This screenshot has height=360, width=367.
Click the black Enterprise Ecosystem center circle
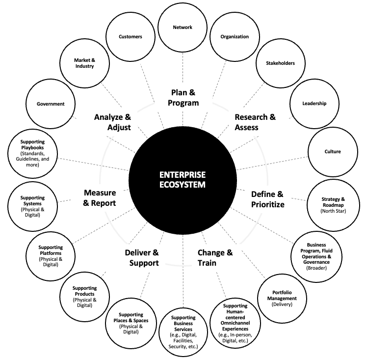click(182, 180)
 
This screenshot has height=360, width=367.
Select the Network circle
click(183, 28)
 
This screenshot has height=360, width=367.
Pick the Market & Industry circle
click(84, 63)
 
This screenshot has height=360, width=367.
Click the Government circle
click(51, 104)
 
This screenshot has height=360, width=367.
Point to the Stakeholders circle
click(280, 63)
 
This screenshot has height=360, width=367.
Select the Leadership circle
click(315, 104)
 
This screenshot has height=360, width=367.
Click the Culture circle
click(333, 152)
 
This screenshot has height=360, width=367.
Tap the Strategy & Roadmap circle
click(333, 201)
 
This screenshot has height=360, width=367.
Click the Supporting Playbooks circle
click(33, 153)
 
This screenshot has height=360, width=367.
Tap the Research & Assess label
click(255, 122)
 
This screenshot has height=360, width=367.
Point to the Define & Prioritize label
click(268, 199)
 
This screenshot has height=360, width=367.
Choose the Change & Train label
click(215, 257)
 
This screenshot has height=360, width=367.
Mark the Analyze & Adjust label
click(112, 122)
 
